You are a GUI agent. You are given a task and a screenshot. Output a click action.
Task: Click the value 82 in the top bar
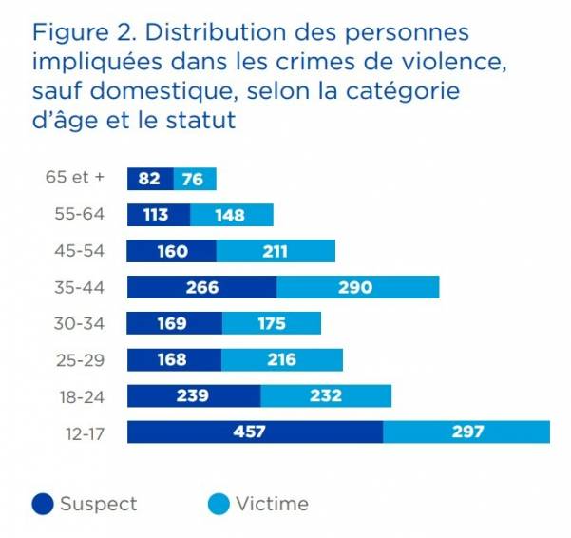click(148, 179)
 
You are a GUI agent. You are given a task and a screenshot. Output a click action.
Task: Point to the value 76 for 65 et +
click(192, 179)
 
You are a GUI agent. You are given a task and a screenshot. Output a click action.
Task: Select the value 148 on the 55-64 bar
click(229, 215)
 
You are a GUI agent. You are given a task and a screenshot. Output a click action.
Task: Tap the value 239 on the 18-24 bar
click(193, 396)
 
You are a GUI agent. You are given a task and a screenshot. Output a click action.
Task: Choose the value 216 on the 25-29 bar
click(280, 360)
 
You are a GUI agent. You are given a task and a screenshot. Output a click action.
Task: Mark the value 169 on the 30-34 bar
click(173, 324)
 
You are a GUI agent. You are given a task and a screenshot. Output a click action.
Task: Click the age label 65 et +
click(75, 178)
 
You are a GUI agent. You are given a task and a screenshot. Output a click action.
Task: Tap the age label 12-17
click(83, 432)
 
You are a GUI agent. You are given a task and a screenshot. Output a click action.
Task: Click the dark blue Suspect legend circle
click(42, 505)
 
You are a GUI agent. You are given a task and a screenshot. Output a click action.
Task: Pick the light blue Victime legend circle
click(217, 505)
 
